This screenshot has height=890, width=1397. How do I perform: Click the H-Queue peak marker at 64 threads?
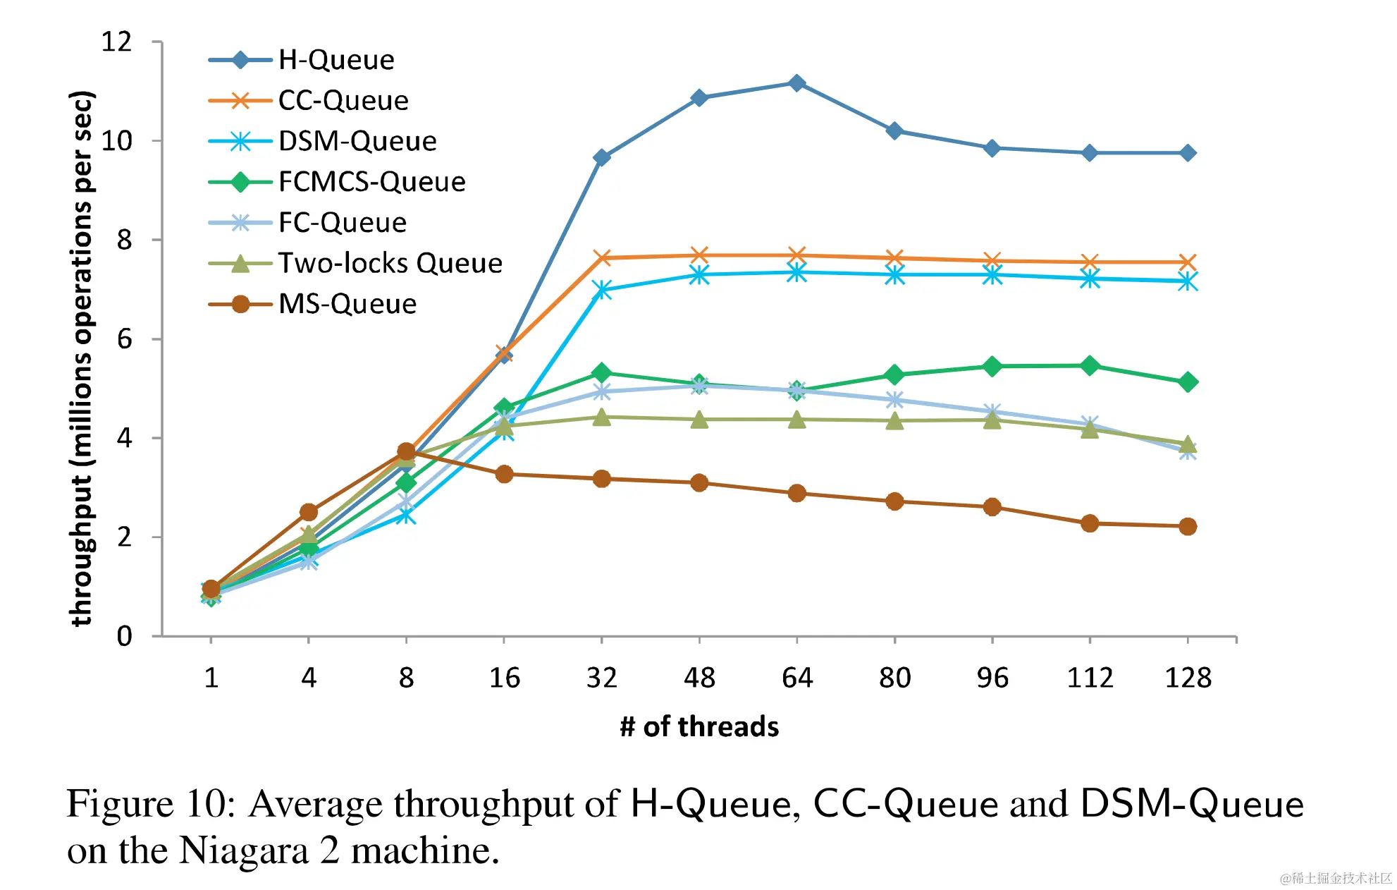pos(796,83)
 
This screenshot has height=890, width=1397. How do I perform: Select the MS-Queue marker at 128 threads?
pos(1188,526)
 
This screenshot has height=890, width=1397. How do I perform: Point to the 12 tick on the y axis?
pos(117,42)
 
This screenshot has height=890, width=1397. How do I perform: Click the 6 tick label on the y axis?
pos(125,339)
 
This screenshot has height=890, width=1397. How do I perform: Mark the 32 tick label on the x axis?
pos(601,678)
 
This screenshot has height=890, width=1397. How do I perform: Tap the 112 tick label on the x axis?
pos(1090,678)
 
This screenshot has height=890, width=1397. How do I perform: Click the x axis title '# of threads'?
pos(699,726)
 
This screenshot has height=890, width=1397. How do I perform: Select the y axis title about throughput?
pos(82,358)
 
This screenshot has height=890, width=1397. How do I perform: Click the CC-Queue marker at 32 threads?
pos(601,258)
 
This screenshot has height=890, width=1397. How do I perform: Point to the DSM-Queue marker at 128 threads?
pos(1188,282)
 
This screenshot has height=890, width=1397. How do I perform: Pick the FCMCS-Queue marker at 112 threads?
pos(1090,365)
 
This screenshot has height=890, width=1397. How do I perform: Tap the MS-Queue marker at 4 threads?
pos(308,512)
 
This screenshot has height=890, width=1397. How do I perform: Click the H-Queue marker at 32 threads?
pos(601,157)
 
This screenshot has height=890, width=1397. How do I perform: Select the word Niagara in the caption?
pos(244,851)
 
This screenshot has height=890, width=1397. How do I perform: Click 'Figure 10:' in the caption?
pos(151,804)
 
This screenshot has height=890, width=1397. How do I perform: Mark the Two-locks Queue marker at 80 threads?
pos(894,421)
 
